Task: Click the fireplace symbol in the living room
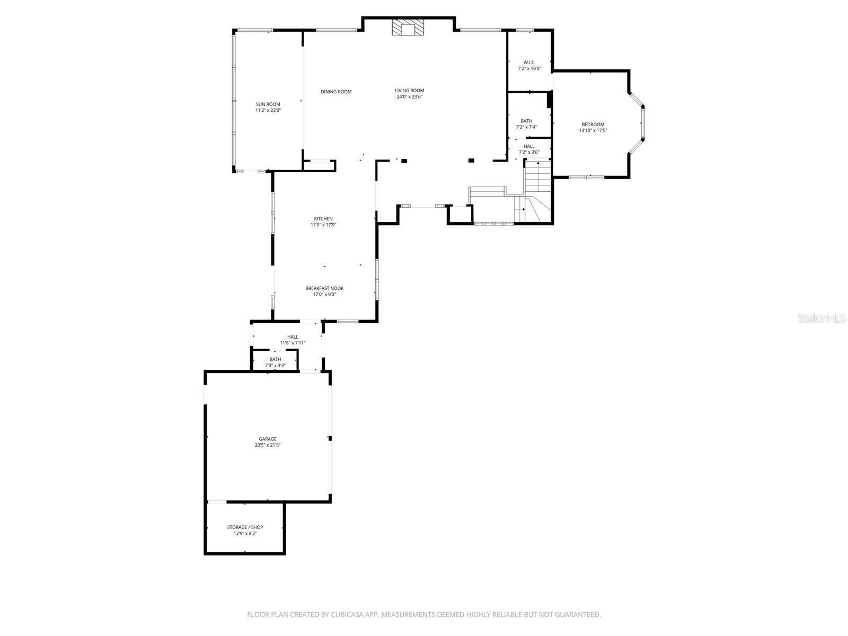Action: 408,28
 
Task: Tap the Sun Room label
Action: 268,104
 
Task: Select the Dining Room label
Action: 336,92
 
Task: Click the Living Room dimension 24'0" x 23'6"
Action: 409,97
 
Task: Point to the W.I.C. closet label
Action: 529,63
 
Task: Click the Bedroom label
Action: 593,125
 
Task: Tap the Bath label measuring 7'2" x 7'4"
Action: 526,121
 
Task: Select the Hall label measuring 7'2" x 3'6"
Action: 529,146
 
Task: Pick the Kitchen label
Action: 323,219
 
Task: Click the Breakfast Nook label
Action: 324,288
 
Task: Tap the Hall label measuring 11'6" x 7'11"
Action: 293,337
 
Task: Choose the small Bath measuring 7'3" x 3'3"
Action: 275,359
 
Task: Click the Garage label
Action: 267,439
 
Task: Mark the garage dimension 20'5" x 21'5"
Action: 267,446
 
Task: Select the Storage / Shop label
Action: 245,527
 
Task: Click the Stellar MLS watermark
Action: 822,319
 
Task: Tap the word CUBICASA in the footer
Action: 344,615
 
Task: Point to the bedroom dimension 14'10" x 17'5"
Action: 593,130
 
